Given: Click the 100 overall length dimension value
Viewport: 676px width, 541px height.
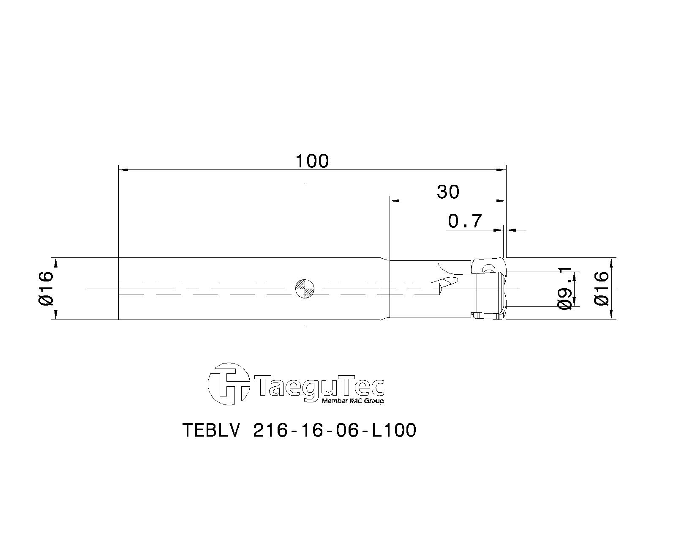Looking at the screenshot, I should [312, 161].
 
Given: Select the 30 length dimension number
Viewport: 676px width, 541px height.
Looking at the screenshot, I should [448, 192].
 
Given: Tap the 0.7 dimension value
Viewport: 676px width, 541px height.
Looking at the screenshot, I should [465, 221].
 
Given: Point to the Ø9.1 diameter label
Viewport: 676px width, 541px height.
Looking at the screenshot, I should [565, 288].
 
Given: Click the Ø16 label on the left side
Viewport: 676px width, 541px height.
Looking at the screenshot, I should [46, 288].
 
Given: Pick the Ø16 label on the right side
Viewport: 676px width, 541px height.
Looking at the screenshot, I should [602, 288].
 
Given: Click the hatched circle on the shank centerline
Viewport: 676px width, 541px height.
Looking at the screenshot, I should [305, 288].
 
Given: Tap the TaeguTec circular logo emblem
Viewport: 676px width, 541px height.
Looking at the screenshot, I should [228, 384].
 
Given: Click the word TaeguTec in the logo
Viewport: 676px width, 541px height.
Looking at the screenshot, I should [320, 385].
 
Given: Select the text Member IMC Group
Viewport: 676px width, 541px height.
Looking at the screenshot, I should [353, 401].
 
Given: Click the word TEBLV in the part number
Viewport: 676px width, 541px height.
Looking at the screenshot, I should [212, 431].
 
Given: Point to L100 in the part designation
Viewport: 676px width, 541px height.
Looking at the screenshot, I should [393, 431].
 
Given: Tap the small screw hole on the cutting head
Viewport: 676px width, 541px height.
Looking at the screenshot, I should [489, 268].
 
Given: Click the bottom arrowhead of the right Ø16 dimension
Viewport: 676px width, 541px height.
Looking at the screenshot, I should [611, 315].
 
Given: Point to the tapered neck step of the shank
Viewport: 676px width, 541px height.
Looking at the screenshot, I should [384, 288].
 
